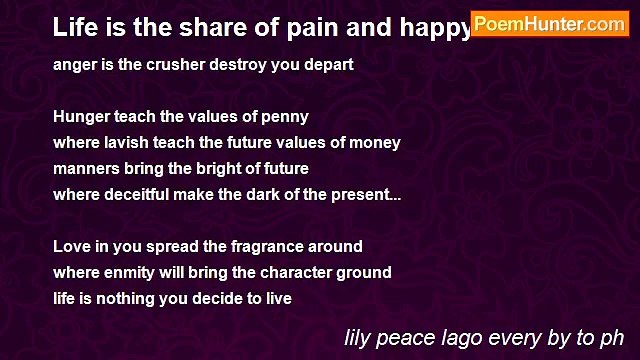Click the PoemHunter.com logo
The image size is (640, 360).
[549, 24]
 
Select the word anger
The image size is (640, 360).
[75, 64]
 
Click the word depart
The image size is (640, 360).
[329, 64]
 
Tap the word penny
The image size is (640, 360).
[285, 116]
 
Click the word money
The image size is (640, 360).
[376, 142]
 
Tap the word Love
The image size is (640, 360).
[71, 246]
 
